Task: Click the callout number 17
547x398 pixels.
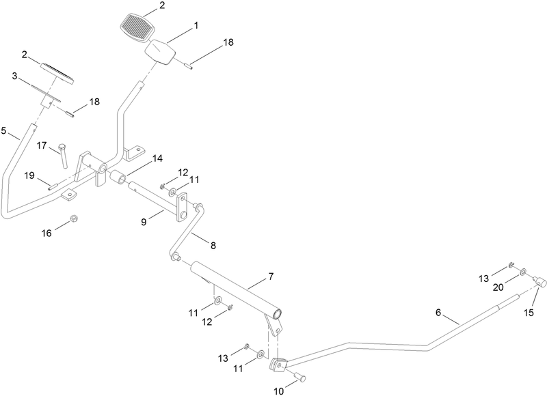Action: pos(42,145)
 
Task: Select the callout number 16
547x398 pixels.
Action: pos(46,233)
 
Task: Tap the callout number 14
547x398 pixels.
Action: pos(157,158)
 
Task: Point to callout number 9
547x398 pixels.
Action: pos(144,222)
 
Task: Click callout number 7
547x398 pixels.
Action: pos(271,276)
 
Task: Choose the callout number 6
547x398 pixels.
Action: pos(438,313)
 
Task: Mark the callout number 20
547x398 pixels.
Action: pos(498,287)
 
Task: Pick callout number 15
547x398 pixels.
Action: pos(529,313)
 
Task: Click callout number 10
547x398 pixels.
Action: pos(279,391)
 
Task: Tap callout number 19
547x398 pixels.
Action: pos(29,175)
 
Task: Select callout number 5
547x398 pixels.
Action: pos(4,131)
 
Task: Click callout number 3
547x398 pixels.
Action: pos(14,76)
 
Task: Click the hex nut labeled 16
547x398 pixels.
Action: pos(74,218)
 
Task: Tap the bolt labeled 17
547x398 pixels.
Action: pos(63,155)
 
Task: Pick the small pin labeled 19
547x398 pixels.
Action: pos(53,186)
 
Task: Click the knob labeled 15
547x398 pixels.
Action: pos(540,281)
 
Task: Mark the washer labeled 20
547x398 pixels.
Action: pos(523,272)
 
